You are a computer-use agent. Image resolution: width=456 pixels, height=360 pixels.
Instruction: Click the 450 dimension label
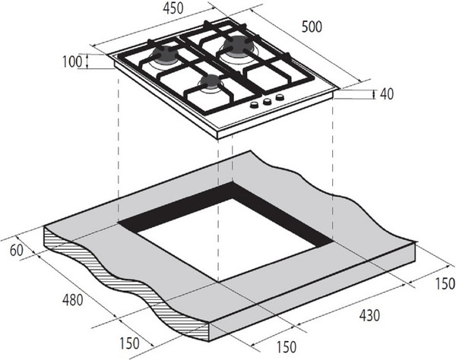173,8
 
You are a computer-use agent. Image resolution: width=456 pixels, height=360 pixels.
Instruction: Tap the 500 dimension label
312,27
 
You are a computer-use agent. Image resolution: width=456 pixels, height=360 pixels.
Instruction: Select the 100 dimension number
72,62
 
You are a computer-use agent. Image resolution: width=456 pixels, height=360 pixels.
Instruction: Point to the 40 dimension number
387,94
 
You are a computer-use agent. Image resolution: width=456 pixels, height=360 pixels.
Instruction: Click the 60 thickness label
17,251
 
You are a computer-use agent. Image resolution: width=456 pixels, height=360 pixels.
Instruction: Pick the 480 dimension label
73,300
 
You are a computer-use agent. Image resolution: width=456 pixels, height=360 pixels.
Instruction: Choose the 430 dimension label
369,315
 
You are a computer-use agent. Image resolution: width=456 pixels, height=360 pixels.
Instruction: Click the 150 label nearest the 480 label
129,343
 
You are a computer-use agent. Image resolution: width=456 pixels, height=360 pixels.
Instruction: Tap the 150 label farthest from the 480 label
445,283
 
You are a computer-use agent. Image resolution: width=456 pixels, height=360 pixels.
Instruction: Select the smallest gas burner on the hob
210,82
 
